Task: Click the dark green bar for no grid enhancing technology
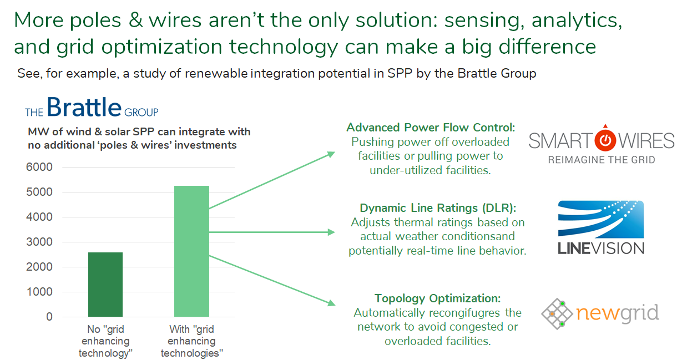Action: point(105,284)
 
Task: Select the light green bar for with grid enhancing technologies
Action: point(191,251)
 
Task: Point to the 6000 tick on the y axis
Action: point(39,167)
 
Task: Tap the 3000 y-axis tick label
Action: point(39,242)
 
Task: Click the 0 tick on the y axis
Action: point(49,317)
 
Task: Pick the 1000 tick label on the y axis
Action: point(39,292)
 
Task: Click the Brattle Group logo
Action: point(92,107)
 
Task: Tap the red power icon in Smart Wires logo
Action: point(605,139)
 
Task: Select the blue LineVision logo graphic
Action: point(601,219)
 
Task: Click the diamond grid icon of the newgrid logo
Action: point(557,313)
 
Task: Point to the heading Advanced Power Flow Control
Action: point(431,128)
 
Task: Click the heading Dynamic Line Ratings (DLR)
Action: point(438,208)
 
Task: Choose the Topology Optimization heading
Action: point(438,298)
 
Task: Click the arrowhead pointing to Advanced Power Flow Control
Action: point(331,154)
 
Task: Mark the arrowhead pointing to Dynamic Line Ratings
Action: point(331,232)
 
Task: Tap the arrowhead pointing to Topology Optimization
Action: point(331,303)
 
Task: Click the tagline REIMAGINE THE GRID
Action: point(602,160)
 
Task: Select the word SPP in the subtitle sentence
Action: point(400,73)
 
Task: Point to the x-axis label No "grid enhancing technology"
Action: point(105,341)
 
